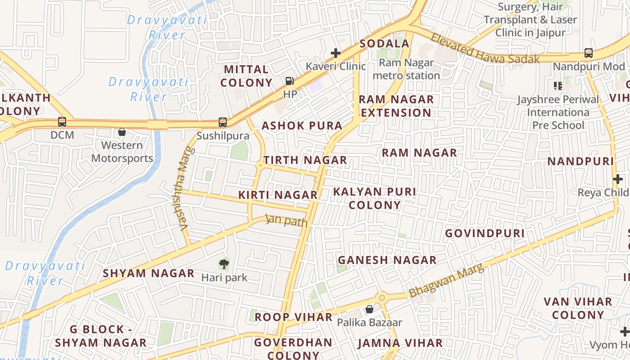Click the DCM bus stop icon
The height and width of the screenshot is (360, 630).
62,122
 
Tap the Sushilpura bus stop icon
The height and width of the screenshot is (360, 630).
222,122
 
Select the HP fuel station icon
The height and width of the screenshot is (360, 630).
290,81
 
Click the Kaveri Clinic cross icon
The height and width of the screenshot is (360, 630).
335,53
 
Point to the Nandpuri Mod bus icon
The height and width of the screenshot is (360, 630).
588,53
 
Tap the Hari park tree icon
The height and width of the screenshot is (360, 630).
224,264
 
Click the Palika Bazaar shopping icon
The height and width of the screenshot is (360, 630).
369,309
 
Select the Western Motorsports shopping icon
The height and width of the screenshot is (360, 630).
121,132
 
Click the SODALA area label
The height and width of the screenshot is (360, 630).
384,44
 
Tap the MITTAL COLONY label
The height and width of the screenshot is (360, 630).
247,76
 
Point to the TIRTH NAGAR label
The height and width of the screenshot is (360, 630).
305,160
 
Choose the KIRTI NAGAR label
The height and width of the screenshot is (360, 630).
278,195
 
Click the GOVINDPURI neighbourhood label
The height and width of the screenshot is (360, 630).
485,233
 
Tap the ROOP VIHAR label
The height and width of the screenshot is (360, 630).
293,317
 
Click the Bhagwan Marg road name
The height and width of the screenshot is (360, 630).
446,280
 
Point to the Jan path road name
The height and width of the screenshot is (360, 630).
287,220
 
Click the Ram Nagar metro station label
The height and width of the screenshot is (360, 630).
406,69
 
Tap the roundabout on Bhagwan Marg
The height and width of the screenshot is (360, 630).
382,297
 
